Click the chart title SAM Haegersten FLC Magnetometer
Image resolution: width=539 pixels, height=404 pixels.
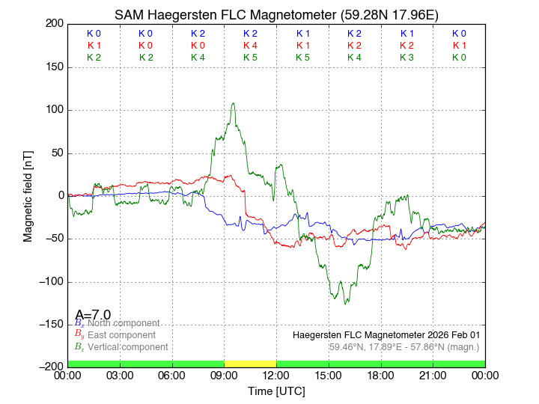click(x=276, y=15)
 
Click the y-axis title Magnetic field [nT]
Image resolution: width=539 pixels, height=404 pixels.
click(x=28, y=195)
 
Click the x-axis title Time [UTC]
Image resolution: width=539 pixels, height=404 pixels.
click(x=276, y=391)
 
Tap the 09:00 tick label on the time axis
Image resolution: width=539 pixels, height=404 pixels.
click(x=224, y=375)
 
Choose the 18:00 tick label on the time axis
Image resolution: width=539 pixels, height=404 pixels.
click(x=380, y=375)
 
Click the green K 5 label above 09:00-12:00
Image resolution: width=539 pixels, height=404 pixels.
click(x=250, y=57)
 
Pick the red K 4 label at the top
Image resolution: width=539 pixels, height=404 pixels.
click(x=250, y=46)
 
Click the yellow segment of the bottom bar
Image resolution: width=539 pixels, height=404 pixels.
click(x=250, y=364)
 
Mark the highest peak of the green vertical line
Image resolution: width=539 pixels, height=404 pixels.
click(x=234, y=103)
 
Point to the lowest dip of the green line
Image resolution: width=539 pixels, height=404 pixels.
click(x=345, y=304)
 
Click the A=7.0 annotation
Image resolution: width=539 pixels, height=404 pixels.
click(x=93, y=314)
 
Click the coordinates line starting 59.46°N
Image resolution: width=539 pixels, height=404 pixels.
click(x=404, y=347)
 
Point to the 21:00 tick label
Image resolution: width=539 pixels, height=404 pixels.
click(x=433, y=375)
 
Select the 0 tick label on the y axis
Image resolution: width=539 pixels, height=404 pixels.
click(x=59, y=196)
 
